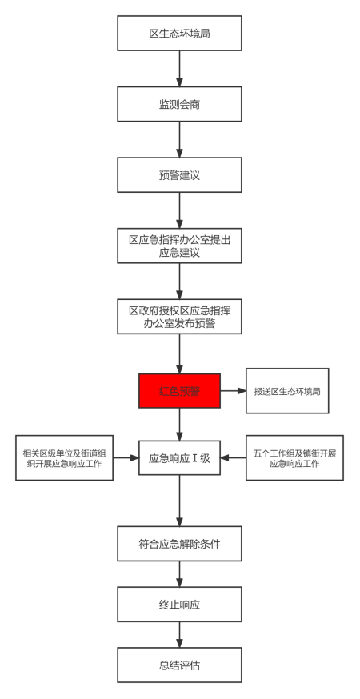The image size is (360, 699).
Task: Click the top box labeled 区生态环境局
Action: (179, 33)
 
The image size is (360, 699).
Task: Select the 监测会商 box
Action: (179, 104)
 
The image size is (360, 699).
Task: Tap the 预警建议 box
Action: (179, 174)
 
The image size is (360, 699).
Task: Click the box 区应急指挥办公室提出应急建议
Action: (179, 246)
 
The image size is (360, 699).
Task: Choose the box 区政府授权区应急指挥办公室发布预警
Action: (179, 317)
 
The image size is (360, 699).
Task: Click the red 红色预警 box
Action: (179, 391)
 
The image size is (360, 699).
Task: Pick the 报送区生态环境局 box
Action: (287, 391)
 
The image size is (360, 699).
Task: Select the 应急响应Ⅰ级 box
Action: (179, 457)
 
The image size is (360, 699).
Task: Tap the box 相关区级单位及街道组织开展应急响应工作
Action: (64, 457)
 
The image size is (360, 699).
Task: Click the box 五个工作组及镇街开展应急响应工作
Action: (294, 457)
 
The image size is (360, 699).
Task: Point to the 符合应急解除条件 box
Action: (179, 543)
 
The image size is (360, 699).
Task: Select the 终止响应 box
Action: (179, 604)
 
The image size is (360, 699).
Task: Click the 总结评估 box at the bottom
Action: (179, 665)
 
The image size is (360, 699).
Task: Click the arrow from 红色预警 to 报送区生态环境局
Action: (233, 391)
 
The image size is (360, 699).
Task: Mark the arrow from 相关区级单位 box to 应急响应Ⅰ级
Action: (126, 457)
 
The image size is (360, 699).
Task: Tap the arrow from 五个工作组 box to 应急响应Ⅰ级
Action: (233, 457)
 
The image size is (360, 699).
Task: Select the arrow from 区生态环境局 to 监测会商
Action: (179, 68)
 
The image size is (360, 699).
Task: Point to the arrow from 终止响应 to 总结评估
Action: (179, 634)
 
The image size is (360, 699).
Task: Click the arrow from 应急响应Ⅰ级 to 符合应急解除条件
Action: (179, 500)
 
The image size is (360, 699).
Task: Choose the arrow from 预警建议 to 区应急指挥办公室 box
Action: (179, 210)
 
